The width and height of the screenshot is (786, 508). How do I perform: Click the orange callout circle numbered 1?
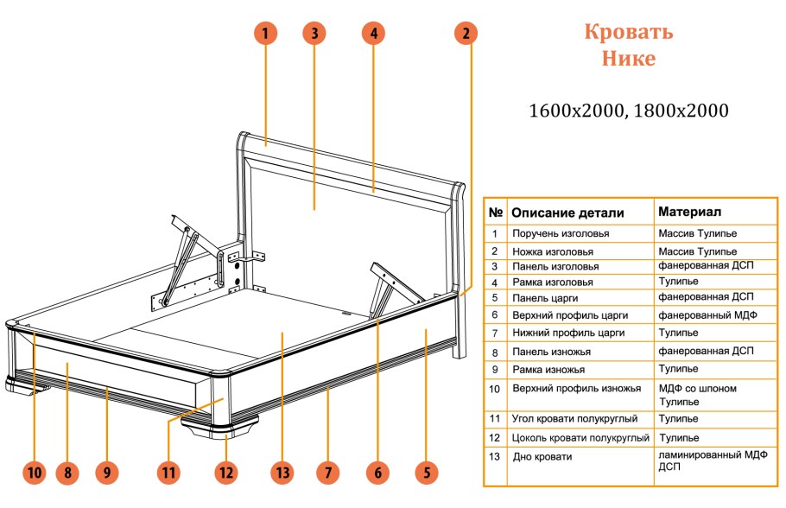[x=266, y=34]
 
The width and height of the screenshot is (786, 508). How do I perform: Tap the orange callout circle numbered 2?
[x=466, y=34]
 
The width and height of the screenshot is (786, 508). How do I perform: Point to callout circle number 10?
[x=34, y=473]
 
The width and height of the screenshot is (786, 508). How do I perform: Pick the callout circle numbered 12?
[x=225, y=473]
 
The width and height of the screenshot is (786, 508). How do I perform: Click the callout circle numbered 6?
[x=377, y=473]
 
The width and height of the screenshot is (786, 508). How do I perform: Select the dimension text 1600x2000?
[x=574, y=111]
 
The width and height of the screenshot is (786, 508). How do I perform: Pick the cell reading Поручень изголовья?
[x=561, y=234]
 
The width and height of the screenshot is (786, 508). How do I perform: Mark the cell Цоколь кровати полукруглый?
[x=580, y=437]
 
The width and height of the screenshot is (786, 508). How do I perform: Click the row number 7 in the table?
[x=495, y=333]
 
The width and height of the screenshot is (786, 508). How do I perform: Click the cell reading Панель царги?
[x=547, y=299]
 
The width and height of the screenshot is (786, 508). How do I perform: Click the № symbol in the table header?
[x=496, y=213]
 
